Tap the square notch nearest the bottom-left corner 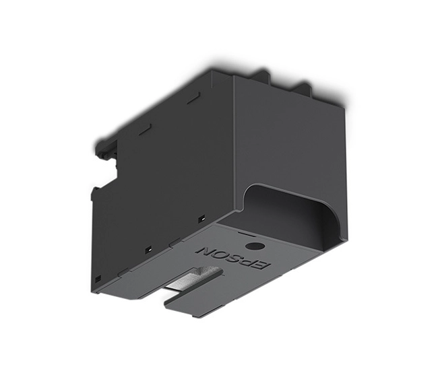point(98,278)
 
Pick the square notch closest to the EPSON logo point(201,219)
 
